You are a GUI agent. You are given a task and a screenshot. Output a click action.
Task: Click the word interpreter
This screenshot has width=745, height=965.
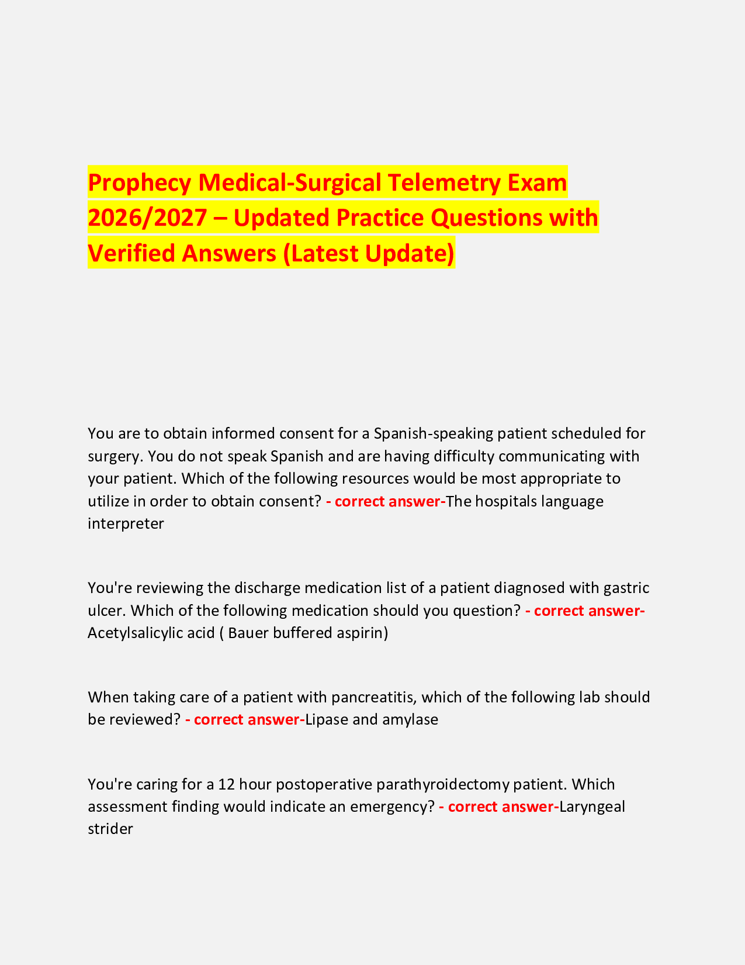coord(126,523)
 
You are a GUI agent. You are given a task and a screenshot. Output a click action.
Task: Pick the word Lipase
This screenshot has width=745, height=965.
coord(327,719)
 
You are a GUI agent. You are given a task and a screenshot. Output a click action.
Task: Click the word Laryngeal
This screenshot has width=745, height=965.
coord(592,807)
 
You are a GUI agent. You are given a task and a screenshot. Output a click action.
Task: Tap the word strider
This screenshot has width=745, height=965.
coord(110,829)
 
